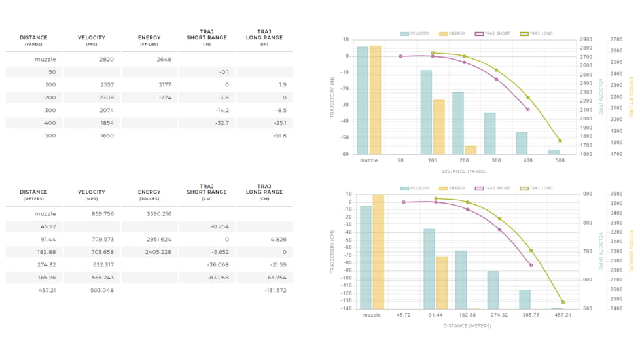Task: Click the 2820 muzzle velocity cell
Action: point(106,60)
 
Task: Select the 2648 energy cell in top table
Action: point(164,60)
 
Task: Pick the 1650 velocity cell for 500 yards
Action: point(106,135)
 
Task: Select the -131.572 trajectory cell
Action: point(276,290)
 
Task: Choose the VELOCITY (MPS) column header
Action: point(92,194)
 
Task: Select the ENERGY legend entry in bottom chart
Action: point(452,188)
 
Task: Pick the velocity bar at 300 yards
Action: point(489,134)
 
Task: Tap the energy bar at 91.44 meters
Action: point(442,282)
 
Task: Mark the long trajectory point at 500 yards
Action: point(560,141)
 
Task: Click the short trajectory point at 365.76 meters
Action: point(531,265)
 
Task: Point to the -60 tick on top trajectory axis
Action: point(344,154)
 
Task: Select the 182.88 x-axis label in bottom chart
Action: point(467,315)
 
